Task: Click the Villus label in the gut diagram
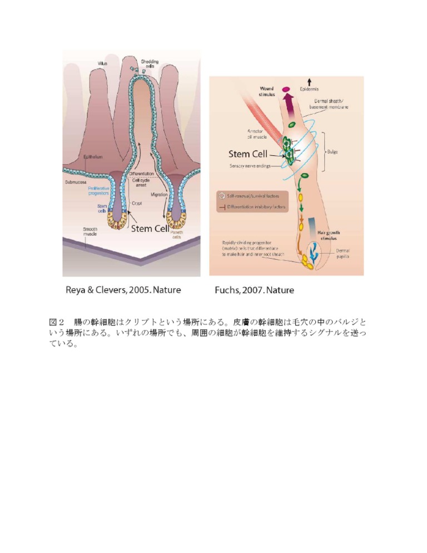(102, 65)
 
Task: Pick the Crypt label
(137, 204)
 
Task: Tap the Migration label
(160, 194)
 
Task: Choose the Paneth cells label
(177, 234)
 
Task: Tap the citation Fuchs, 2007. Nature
(254, 290)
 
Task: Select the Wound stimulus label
(265, 91)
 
